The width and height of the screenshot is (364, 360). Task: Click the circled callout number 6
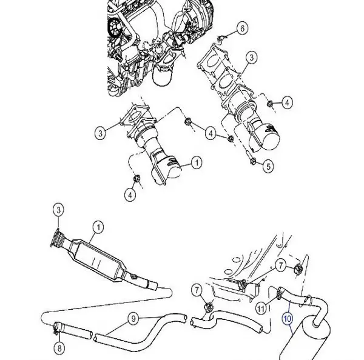coord(241,28)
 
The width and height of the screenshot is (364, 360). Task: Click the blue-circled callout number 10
coord(288,316)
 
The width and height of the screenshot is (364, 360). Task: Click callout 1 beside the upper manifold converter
coord(195,162)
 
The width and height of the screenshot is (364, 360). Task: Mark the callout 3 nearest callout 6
coord(250,58)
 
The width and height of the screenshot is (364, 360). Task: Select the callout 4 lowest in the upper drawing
coord(129,194)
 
